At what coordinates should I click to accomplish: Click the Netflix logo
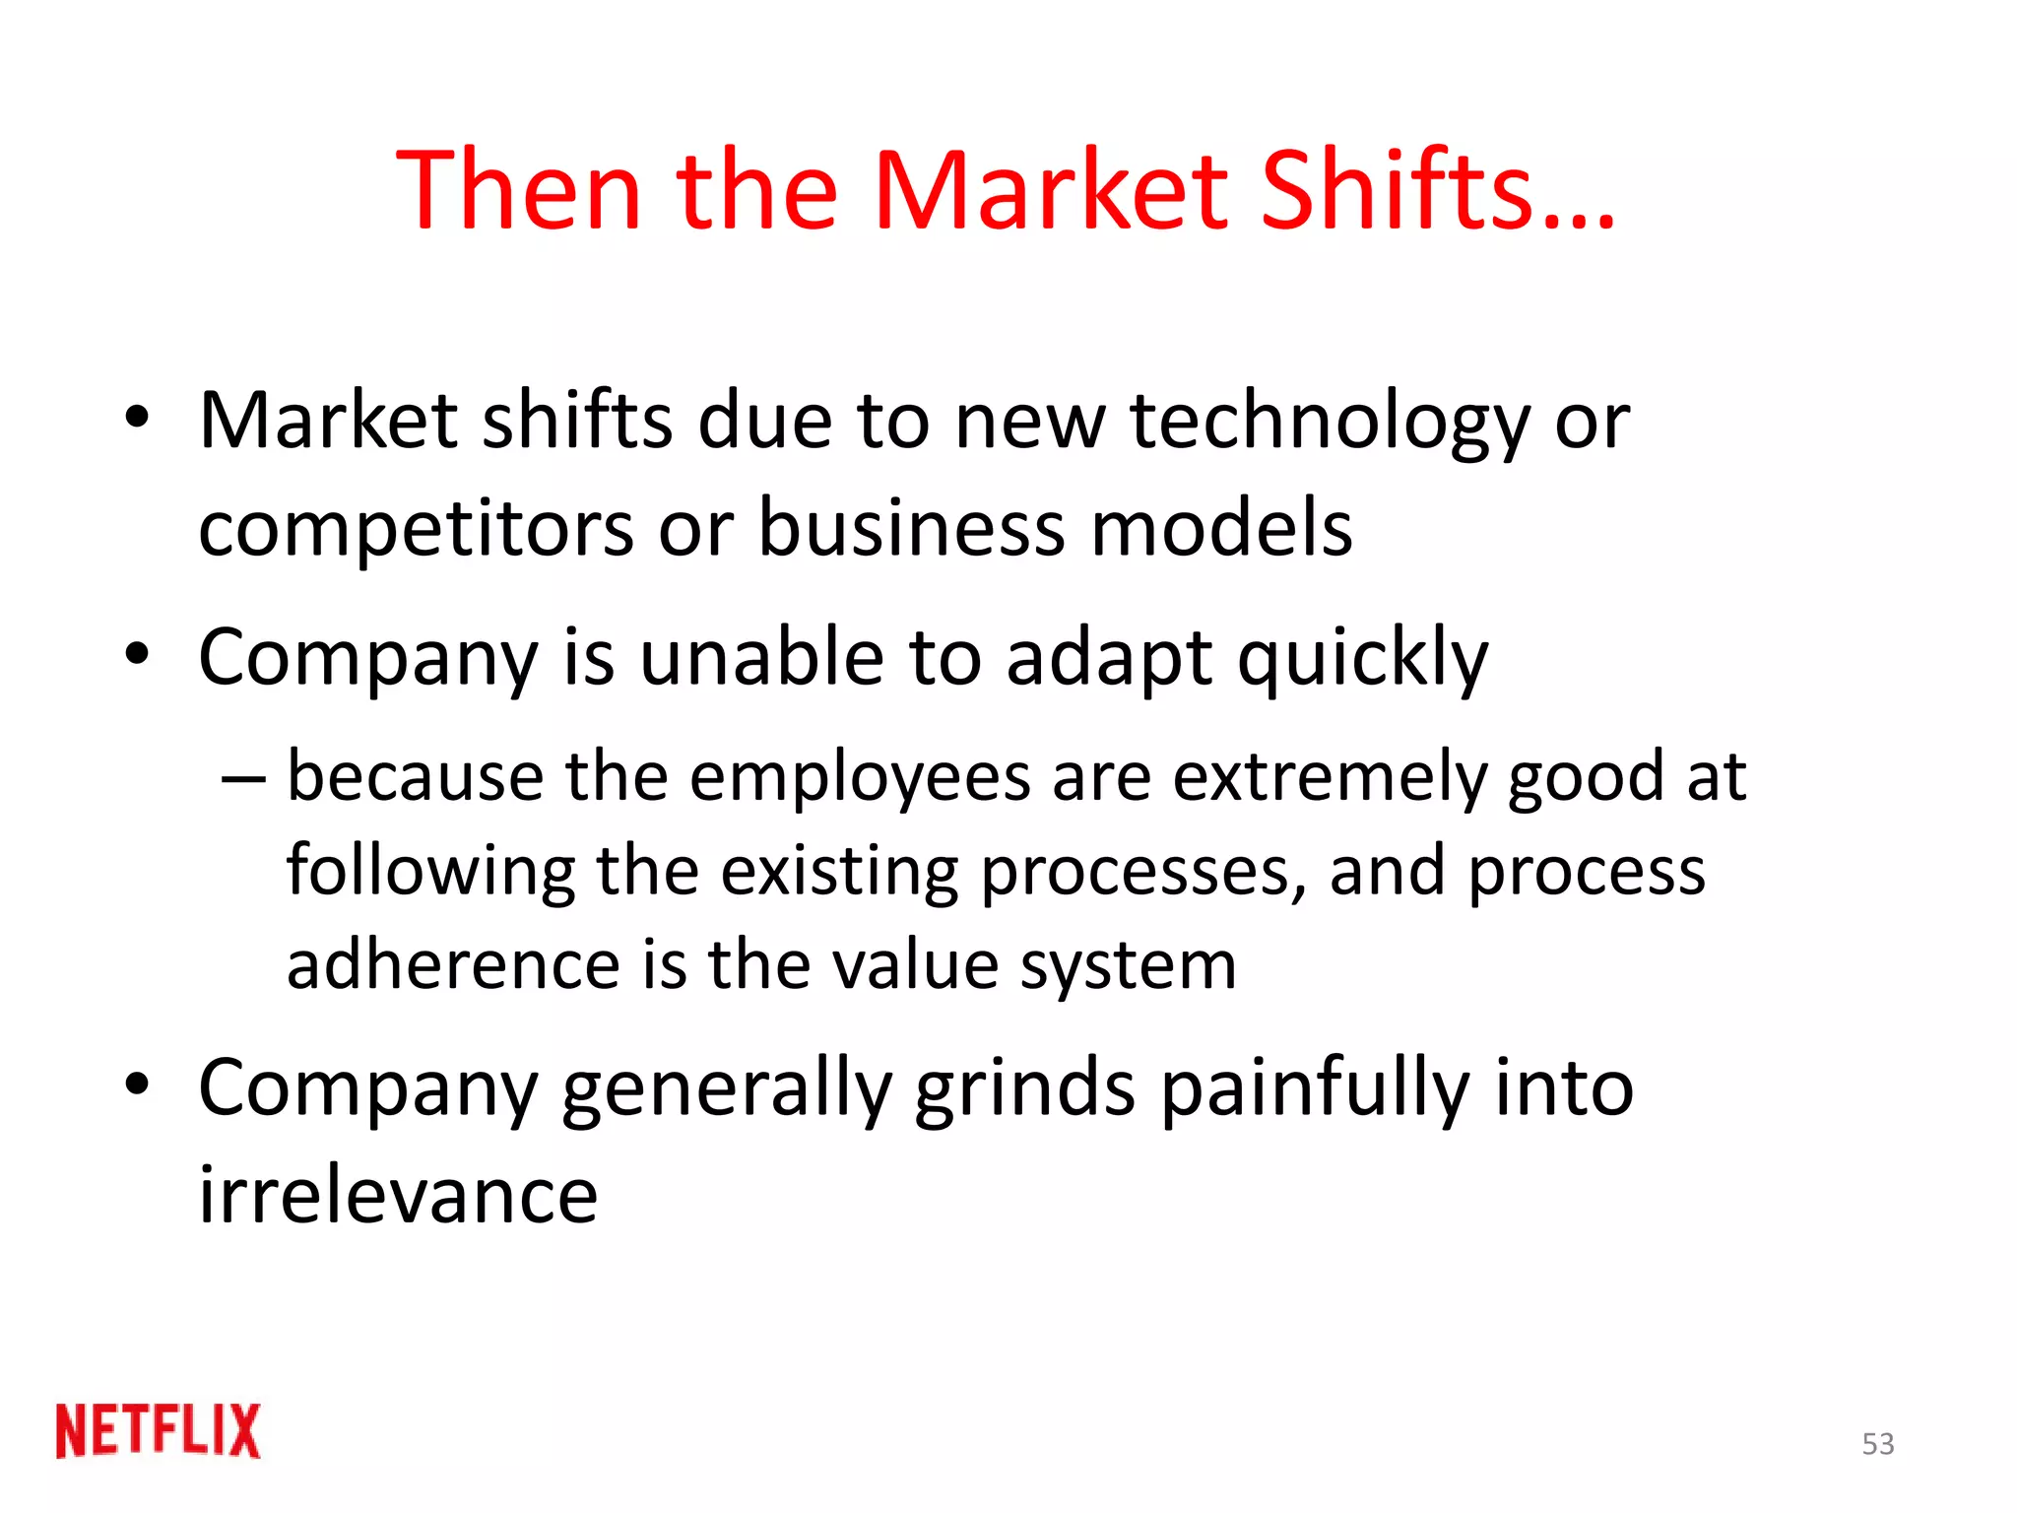pos(159,1430)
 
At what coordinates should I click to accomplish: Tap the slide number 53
pos(1878,1444)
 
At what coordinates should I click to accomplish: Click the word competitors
pos(416,529)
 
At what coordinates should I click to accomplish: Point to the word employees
pos(860,778)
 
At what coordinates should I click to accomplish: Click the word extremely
pos(1330,778)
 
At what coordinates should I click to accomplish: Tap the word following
pos(430,873)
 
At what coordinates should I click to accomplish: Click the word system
pos(1129,966)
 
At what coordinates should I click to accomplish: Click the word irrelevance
pos(399,1195)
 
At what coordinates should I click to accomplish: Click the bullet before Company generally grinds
pos(137,1085)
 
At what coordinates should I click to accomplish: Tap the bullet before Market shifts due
pos(137,417)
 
